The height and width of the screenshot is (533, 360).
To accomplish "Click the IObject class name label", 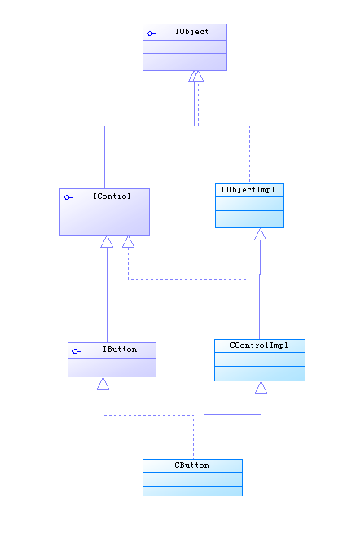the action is [x=191, y=32].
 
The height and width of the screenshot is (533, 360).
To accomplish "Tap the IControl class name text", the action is [x=112, y=196].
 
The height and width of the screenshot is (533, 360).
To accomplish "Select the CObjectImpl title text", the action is [x=248, y=190].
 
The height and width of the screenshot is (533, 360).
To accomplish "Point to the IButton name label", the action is [x=120, y=350].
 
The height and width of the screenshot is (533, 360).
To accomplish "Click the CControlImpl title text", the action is [x=259, y=346].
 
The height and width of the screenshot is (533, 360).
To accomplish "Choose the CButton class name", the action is [x=192, y=465].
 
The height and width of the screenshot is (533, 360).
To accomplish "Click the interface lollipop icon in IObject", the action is [x=151, y=33].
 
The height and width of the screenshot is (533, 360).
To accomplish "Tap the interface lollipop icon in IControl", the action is [x=68, y=197].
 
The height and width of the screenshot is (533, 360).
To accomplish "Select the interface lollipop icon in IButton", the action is [x=77, y=351].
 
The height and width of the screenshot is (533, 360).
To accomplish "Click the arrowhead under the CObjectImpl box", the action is [x=260, y=234].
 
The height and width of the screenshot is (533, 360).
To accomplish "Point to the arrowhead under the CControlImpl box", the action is [x=261, y=387].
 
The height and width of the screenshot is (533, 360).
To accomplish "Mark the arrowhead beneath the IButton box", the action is [x=103, y=383].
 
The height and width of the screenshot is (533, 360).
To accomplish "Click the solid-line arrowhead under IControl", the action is [x=107, y=241].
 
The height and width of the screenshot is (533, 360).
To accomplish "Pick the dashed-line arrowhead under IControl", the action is [x=128, y=241].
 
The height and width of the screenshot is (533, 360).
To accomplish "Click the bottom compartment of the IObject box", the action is [x=185, y=62].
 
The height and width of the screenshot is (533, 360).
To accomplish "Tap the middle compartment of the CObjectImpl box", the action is [x=249, y=204].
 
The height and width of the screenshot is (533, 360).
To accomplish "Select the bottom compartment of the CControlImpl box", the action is [x=260, y=373].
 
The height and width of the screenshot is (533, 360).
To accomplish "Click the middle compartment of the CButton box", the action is [x=192, y=479].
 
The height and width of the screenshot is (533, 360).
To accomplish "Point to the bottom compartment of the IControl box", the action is [x=104, y=227].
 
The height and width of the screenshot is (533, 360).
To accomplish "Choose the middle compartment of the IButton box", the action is [x=112, y=365].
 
